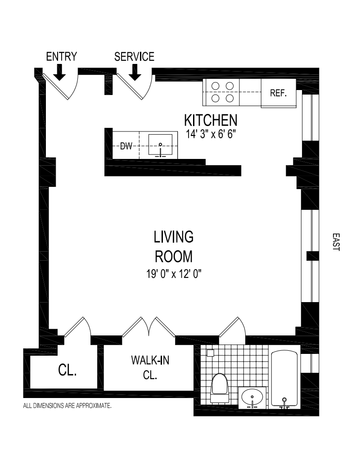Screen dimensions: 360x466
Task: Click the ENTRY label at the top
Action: pos(62,56)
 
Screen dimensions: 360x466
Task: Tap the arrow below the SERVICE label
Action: pos(135,73)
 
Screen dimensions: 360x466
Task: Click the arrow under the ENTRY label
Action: pos(60,73)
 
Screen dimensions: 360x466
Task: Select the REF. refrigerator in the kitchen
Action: pos(279,93)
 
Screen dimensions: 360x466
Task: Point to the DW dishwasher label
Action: pos(126,146)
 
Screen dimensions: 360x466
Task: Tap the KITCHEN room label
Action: pos(211,120)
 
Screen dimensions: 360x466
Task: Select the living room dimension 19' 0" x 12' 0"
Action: pos(174,273)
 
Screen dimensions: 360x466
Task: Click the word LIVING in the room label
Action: pos(174,237)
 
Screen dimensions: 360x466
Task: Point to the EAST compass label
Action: pos(336,242)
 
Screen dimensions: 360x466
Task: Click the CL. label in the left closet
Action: pos(67,370)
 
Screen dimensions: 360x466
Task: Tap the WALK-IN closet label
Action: pos(150,360)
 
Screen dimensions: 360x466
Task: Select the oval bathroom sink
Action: pos(252,397)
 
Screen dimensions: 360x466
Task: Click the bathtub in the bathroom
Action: pos(284,379)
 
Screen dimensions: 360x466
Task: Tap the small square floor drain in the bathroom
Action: pos(211,353)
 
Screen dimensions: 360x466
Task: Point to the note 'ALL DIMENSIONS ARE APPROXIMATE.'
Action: pos(67,405)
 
